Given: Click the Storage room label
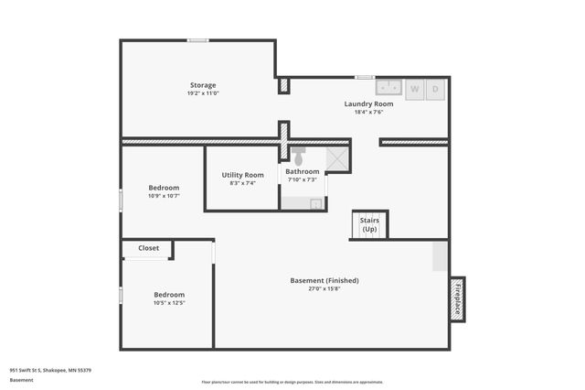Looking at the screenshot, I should pyautogui.click(x=203, y=85).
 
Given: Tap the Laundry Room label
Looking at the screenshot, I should pyautogui.click(x=368, y=103).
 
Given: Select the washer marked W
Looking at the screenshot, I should pyautogui.click(x=414, y=89).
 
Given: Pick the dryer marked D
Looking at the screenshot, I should pyautogui.click(x=436, y=89).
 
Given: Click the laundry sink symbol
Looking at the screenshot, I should pyautogui.click(x=390, y=88).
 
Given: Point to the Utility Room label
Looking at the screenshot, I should pyautogui.click(x=242, y=175).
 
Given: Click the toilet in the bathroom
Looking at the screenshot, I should pyautogui.click(x=298, y=157).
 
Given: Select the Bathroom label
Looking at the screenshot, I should pyautogui.click(x=303, y=171).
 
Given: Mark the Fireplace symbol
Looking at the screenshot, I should pyautogui.click(x=457, y=298).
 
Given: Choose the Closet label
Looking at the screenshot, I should pyautogui.click(x=148, y=248).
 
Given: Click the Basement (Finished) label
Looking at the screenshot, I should pyautogui.click(x=324, y=280).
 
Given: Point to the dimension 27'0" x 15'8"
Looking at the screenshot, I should pyautogui.click(x=324, y=289).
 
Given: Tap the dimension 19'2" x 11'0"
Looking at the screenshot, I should pyautogui.click(x=203, y=93).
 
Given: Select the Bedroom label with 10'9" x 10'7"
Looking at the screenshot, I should pyautogui.click(x=164, y=188).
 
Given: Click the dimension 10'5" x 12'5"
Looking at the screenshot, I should pyautogui.click(x=169, y=303).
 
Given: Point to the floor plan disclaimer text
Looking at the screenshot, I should pyautogui.click(x=292, y=382).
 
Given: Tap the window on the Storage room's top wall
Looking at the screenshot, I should pyautogui.click(x=198, y=40).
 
